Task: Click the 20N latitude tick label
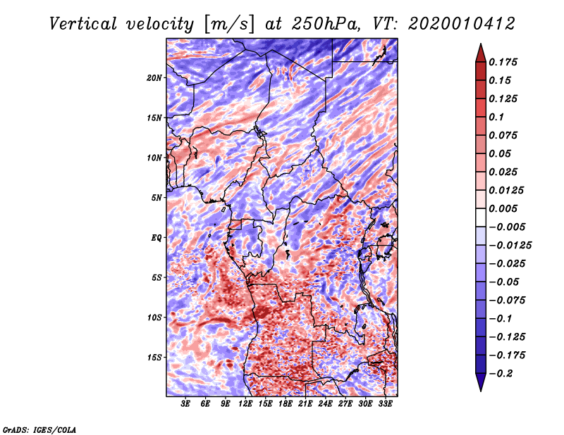[x=154, y=77]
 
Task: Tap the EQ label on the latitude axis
[x=156, y=237]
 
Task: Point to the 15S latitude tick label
[x=154, y=358]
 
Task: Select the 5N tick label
[x=157, y=198]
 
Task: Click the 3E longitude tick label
[x=185, y=404]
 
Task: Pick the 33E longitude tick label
[x=385, y=404]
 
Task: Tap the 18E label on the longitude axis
[x=286, y=404]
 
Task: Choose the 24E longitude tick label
[x=325, y=404]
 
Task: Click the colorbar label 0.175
[x=503, y=62]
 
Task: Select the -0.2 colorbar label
[x=501, y=374]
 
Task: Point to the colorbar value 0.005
[x=503, y=208]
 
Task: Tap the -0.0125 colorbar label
[x=510, y=246]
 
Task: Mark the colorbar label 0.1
[x=496, y=117]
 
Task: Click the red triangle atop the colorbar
[x=481, y=54]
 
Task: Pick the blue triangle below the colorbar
[x=481, y=382]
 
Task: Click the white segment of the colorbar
[x=481, y=217]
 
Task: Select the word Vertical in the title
[x=83, y=24]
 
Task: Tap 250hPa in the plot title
[x=325, y=24]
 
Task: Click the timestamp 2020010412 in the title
[x=462, y=24]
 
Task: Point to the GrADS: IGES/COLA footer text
[x=39, y=430]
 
